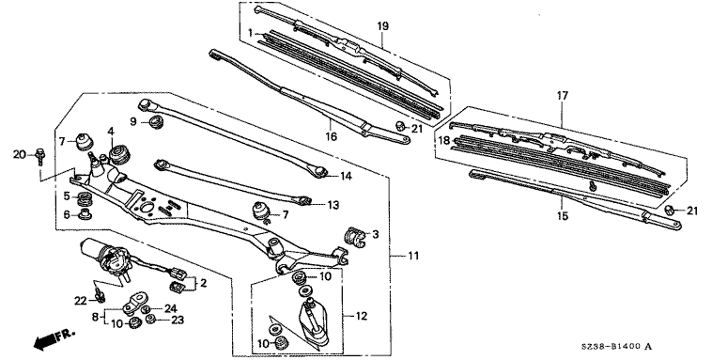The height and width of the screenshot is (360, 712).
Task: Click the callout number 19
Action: point(383,26)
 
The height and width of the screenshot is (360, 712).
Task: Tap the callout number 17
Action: point(562,96)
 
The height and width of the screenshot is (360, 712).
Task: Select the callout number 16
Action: point(332,136)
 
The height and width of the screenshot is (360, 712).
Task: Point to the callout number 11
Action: point(413,256)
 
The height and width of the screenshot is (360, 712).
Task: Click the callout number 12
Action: point(361,316)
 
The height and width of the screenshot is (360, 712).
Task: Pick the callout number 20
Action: point(20,155)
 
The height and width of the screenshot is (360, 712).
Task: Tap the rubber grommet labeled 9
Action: point(156,122)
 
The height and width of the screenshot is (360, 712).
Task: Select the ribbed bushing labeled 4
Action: point(120,153)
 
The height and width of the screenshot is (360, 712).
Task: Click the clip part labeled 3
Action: point(354,237)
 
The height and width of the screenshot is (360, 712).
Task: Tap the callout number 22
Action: point(81,301)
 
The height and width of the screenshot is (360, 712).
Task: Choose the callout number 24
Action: point(170,308)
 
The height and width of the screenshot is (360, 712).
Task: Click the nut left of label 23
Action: point(151,320)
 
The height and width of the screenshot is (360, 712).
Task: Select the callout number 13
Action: point(333,206)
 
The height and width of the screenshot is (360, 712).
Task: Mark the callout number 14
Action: point(346,177)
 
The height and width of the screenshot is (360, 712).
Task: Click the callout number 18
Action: point(444,140)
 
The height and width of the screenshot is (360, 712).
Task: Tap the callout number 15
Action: point(563,215)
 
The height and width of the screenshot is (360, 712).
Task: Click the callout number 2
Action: point(203,283)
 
